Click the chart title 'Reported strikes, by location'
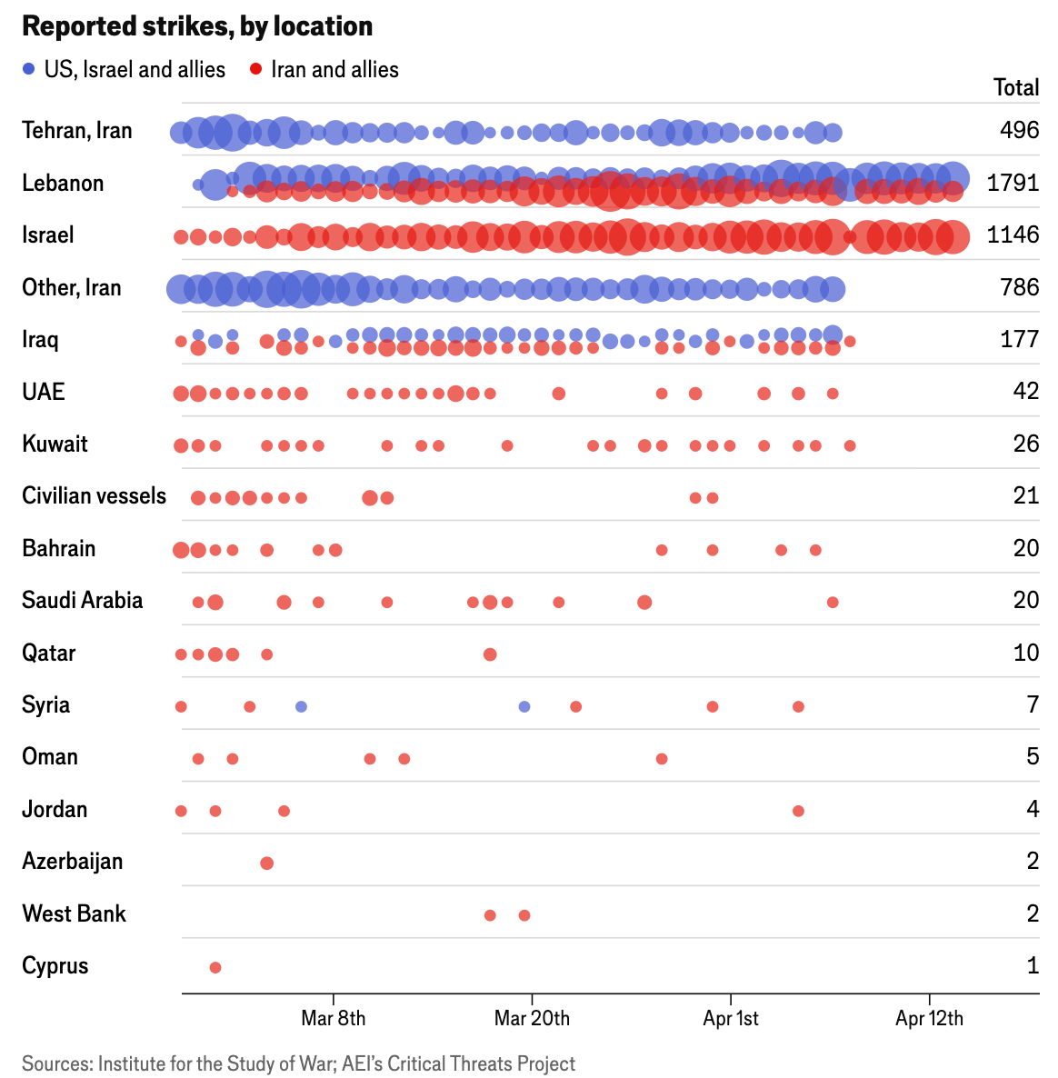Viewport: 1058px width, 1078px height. coord(197,26)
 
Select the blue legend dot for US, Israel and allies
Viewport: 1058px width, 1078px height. coord(29,69)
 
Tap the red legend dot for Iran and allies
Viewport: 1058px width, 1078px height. coord(256,69)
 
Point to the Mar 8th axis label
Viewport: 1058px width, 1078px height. coord(333,1018)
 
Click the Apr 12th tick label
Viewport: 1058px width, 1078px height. coord(929,1018)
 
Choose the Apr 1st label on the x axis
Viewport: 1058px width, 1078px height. coord(731,1018)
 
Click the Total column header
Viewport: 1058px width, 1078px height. coord(1016,87)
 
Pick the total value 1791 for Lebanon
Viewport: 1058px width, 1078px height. coord(1013,183)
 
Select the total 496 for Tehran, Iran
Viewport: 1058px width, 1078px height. coord(1019,130)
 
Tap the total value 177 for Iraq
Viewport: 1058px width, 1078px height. coord(1019,339)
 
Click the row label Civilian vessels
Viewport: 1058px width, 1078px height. coord(95,496)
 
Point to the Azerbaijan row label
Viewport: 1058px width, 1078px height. coord(73,862)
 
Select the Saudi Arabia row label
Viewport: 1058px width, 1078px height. coord(83,601)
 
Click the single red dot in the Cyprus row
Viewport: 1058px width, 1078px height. coord(215,967)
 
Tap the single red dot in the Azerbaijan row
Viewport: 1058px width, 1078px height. coord(267,863)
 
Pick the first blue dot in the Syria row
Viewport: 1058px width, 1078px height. coord(302,706)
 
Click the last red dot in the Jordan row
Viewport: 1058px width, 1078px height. coord(798,811)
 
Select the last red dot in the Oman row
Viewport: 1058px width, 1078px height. coord(662,759)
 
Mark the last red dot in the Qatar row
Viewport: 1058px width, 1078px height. coord(490,654)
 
